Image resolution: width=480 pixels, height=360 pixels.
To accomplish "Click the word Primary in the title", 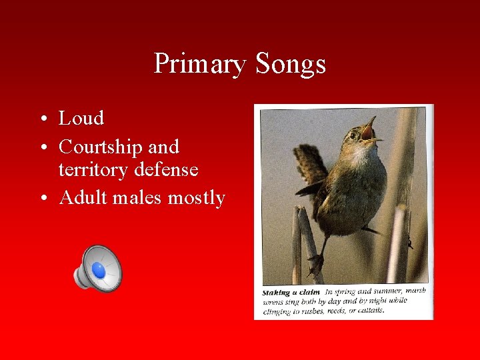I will (x=199, y=65).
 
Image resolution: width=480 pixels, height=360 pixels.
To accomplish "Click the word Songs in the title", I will (x=290, y=65).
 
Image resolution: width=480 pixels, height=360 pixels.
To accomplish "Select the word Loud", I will (x=81, y=119).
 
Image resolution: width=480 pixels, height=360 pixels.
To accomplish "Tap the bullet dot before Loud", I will (x=42, y=119).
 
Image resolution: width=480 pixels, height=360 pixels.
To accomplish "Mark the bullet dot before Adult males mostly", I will (x=42, y=199).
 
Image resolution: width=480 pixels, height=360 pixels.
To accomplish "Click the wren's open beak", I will (x=369, y=129).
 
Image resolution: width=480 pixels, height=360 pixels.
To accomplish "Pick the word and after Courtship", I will (x=164, y=147).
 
